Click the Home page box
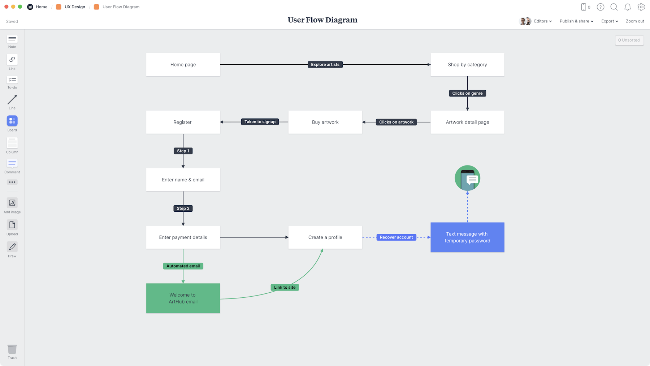(183, 65)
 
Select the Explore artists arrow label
(325, 65)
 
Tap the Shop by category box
(467, 65)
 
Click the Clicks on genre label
(467, 93)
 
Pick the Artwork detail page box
(467, 122)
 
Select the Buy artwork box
(325, 122)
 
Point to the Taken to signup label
(260, 122)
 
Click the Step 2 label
(183, 208)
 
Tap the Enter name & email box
(183, 180)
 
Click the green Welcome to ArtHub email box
(183, 298)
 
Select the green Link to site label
(285, 288)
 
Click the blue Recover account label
(396, 237)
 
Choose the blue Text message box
(467, 237)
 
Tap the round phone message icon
(467, 178)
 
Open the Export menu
(609, 21)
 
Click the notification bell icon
(628, 7)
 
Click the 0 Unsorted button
(629, 40)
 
